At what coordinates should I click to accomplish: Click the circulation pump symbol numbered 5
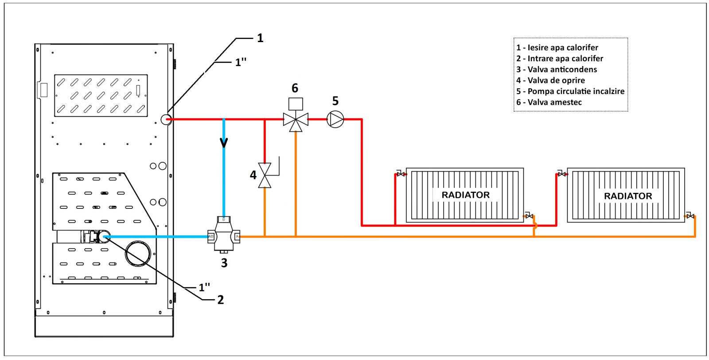(x=335, y=119)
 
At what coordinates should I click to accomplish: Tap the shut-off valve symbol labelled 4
(x=265, y=175)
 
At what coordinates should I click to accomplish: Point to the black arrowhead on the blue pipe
(x=224, y=143)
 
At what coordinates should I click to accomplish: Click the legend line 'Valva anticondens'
(x=557, y=70)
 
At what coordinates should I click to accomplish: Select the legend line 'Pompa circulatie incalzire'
(x=570, y=91)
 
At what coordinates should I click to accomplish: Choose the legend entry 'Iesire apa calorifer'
(x=557, y=48)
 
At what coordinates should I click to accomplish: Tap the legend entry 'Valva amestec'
(x=549, y=102)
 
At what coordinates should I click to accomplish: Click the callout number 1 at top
(x=260, y=39)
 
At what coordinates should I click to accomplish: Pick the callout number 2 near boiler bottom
(x=220, y=300)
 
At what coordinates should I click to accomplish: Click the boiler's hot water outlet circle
(x=166, y=119)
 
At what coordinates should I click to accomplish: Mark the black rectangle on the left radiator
(x=466, y=195)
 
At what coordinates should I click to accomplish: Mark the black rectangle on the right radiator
(x=627, y=196)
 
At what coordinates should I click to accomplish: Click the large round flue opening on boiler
(x=138, y=254)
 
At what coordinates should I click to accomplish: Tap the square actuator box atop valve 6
(x=296, y=104)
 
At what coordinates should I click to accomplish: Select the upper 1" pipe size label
(x=241, y=63)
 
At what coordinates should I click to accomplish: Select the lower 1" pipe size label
(x=204, y=288)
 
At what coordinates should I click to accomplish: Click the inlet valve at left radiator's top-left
(x=401, y=174)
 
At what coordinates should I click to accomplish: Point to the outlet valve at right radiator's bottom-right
(x=690, y=216)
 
